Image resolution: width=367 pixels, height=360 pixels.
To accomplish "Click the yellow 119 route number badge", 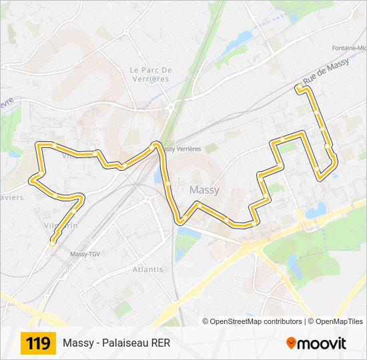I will coord(38,344).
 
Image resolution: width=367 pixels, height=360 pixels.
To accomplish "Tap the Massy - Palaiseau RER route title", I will coord(117,344).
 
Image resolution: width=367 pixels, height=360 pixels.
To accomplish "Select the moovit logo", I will coord(316,343).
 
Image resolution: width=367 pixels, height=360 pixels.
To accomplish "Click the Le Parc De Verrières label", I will coord(151,74).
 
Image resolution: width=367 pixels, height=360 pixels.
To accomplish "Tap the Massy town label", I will coord(204,190).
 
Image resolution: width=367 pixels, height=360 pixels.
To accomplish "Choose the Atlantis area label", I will coord(147,269).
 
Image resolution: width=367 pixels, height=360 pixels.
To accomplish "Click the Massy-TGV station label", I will coord(85,254).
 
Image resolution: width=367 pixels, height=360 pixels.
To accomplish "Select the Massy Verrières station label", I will coord(181,149).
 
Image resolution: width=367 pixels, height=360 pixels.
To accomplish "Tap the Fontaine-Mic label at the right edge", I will coord(349,49).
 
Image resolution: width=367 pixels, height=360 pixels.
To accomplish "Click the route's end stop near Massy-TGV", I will coord(52,244).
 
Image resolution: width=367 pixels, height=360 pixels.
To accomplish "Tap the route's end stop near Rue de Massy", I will coord(298,87).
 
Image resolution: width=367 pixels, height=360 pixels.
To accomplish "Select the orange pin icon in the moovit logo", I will coord(291,343).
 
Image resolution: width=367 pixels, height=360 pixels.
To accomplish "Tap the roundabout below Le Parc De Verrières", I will coord(171,107).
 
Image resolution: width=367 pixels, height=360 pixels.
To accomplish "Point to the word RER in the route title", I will coord(161,344).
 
